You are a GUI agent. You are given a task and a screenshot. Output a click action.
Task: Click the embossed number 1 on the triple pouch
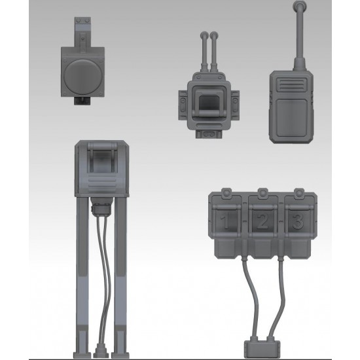click(x=226, y=221)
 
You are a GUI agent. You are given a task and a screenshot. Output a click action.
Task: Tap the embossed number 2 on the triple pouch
click(x=262, y=221)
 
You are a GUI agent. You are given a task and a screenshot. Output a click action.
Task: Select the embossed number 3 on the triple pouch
click(x=298, y=221)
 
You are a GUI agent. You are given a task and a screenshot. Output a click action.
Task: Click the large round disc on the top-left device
click(x=82, y=75)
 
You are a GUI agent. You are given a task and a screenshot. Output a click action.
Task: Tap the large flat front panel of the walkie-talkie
click(x=291, y=118)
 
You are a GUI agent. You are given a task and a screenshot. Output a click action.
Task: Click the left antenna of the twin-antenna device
click(x=204, y=52)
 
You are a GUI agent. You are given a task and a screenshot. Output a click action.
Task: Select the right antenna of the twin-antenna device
click(x=214, y=52)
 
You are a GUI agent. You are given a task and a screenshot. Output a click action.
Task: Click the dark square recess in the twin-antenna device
click(x=208, y=103)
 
